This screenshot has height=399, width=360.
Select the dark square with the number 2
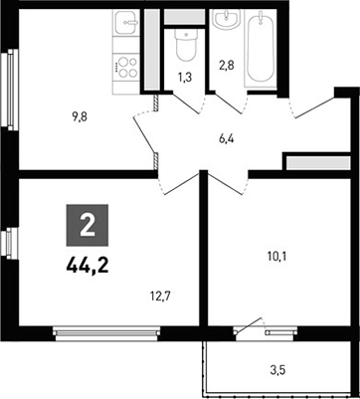coord(87,225)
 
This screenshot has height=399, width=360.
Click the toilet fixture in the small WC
coord(182,44)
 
